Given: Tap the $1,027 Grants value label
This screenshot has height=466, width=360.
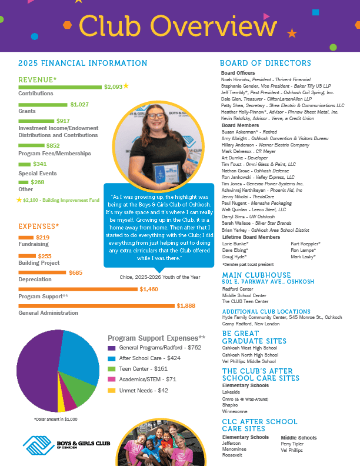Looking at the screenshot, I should pyautogui.click(x=79, y=104).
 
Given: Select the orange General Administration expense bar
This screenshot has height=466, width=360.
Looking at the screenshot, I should pyautogui.click(x=96, y=306).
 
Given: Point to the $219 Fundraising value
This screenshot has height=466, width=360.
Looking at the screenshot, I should pyautogui.click(x=42, y=237).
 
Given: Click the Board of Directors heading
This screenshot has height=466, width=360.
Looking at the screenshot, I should pyautogui.click(x=265, y=64).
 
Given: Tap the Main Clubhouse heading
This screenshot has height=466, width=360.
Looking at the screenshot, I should pyautogui.click(x=255, y=275).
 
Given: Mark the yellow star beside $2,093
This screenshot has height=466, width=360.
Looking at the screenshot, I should pyautogui.click(x=126, y=86).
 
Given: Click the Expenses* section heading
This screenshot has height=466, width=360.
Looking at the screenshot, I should pyautogui.click(x=39, y=226).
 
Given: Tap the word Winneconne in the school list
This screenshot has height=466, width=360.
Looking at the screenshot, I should pyautogui.click(x=235, y=411).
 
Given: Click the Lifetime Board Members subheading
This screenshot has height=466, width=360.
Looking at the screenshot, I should pyautogui.click(x=251, y=237).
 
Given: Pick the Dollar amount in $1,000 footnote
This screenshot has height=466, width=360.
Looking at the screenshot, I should pyautogui.click(x=56, y=419).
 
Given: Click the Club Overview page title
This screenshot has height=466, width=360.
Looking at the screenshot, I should pyautogui.click(x=178, y=26).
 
